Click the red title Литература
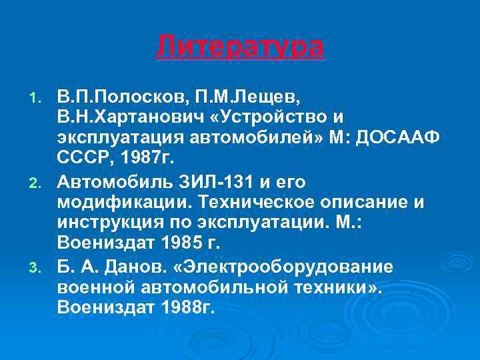[x=240, y=47]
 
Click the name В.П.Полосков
[x=125, y=98]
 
